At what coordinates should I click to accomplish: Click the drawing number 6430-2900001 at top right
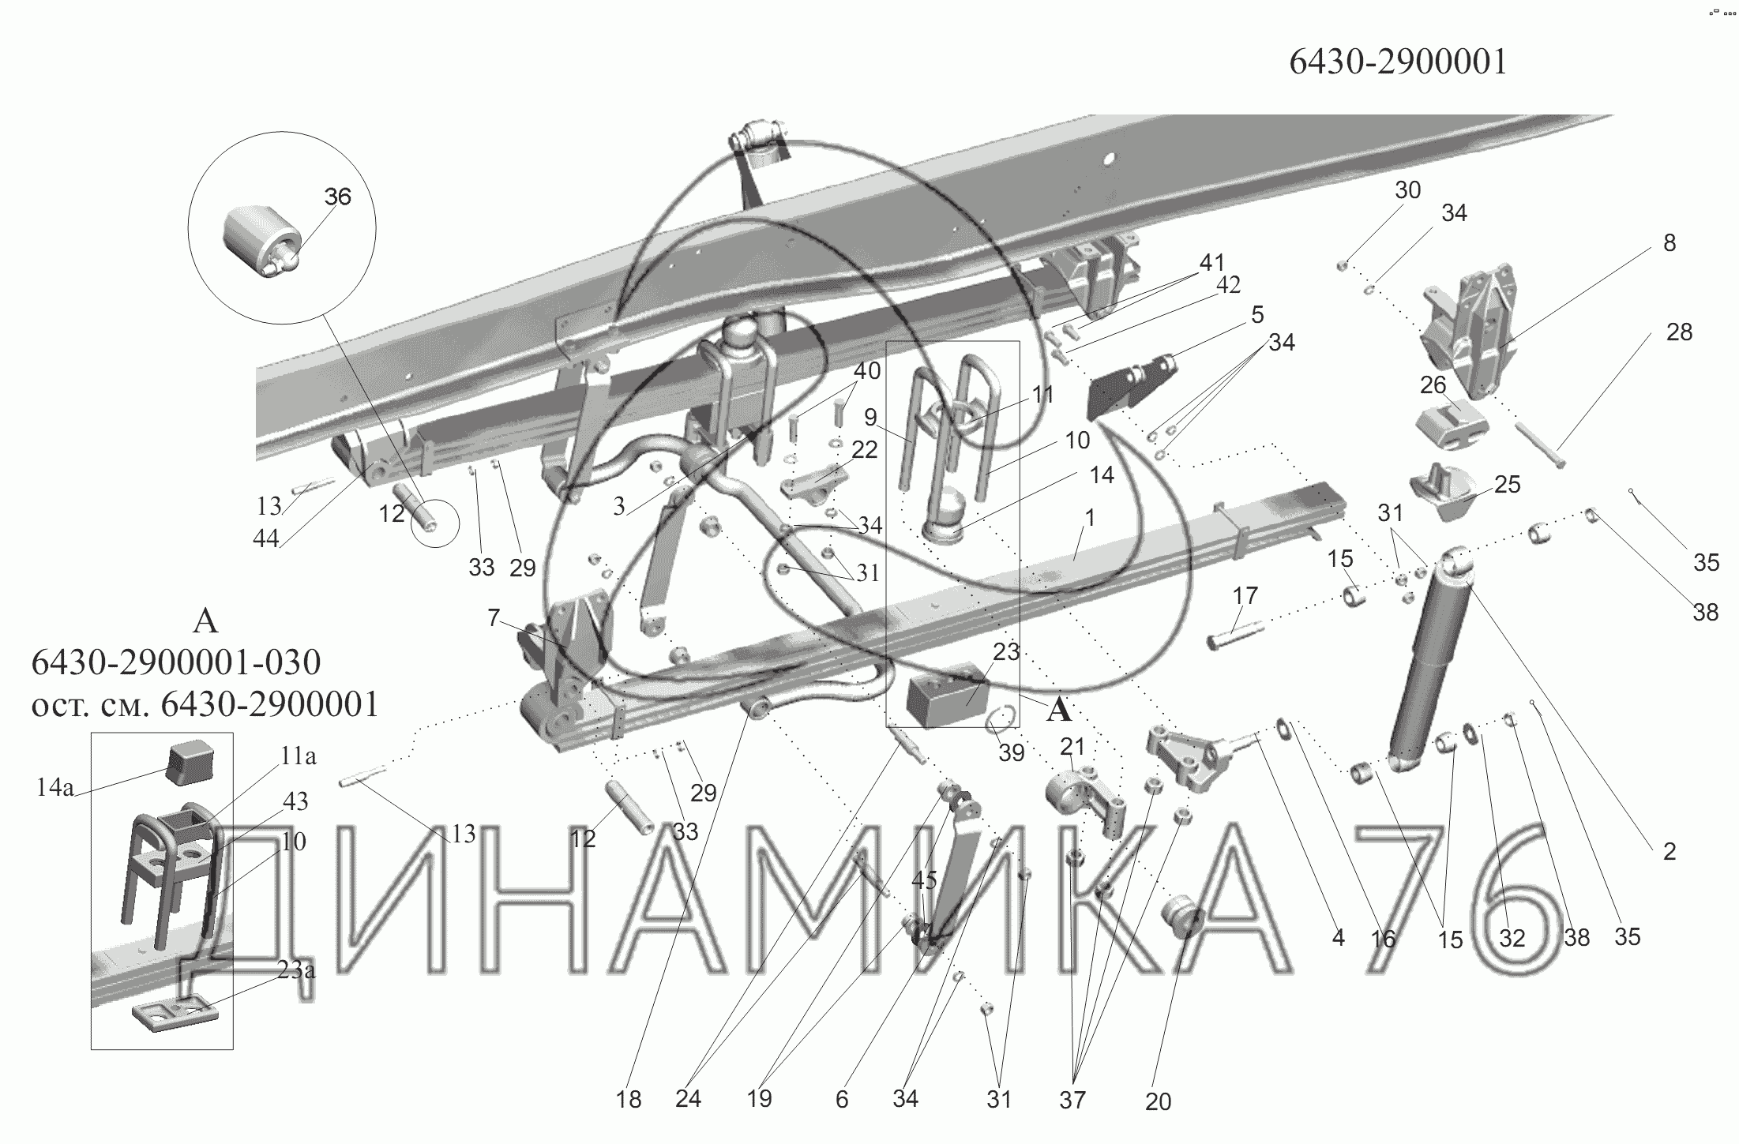click(1398, 62)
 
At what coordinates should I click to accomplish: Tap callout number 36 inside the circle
click(337, 197)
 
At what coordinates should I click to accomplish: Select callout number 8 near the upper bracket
click(1669, 243)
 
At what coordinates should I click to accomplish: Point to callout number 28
click(1679, 332)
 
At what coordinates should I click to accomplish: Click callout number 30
click(1407, 190)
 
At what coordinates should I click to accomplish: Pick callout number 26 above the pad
click(1433, 385)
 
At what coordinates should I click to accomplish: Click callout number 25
click(1507, 484)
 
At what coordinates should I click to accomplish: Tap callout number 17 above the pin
click(1245, 595)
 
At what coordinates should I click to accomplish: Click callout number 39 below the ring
click(1011, 753)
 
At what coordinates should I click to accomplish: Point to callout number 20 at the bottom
click(1158, 1101)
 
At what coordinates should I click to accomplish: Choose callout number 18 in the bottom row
click(629, 1099)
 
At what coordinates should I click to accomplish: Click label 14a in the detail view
click(54, 787)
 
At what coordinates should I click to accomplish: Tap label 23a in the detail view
click(296, 970)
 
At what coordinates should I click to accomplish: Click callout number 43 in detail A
click(295, 801)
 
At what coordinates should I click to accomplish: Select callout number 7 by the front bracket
click(494, 617)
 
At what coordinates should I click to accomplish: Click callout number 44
click(266, 538)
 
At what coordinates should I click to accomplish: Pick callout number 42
click(1228, 285)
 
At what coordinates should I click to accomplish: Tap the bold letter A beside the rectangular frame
click(1059, 711)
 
